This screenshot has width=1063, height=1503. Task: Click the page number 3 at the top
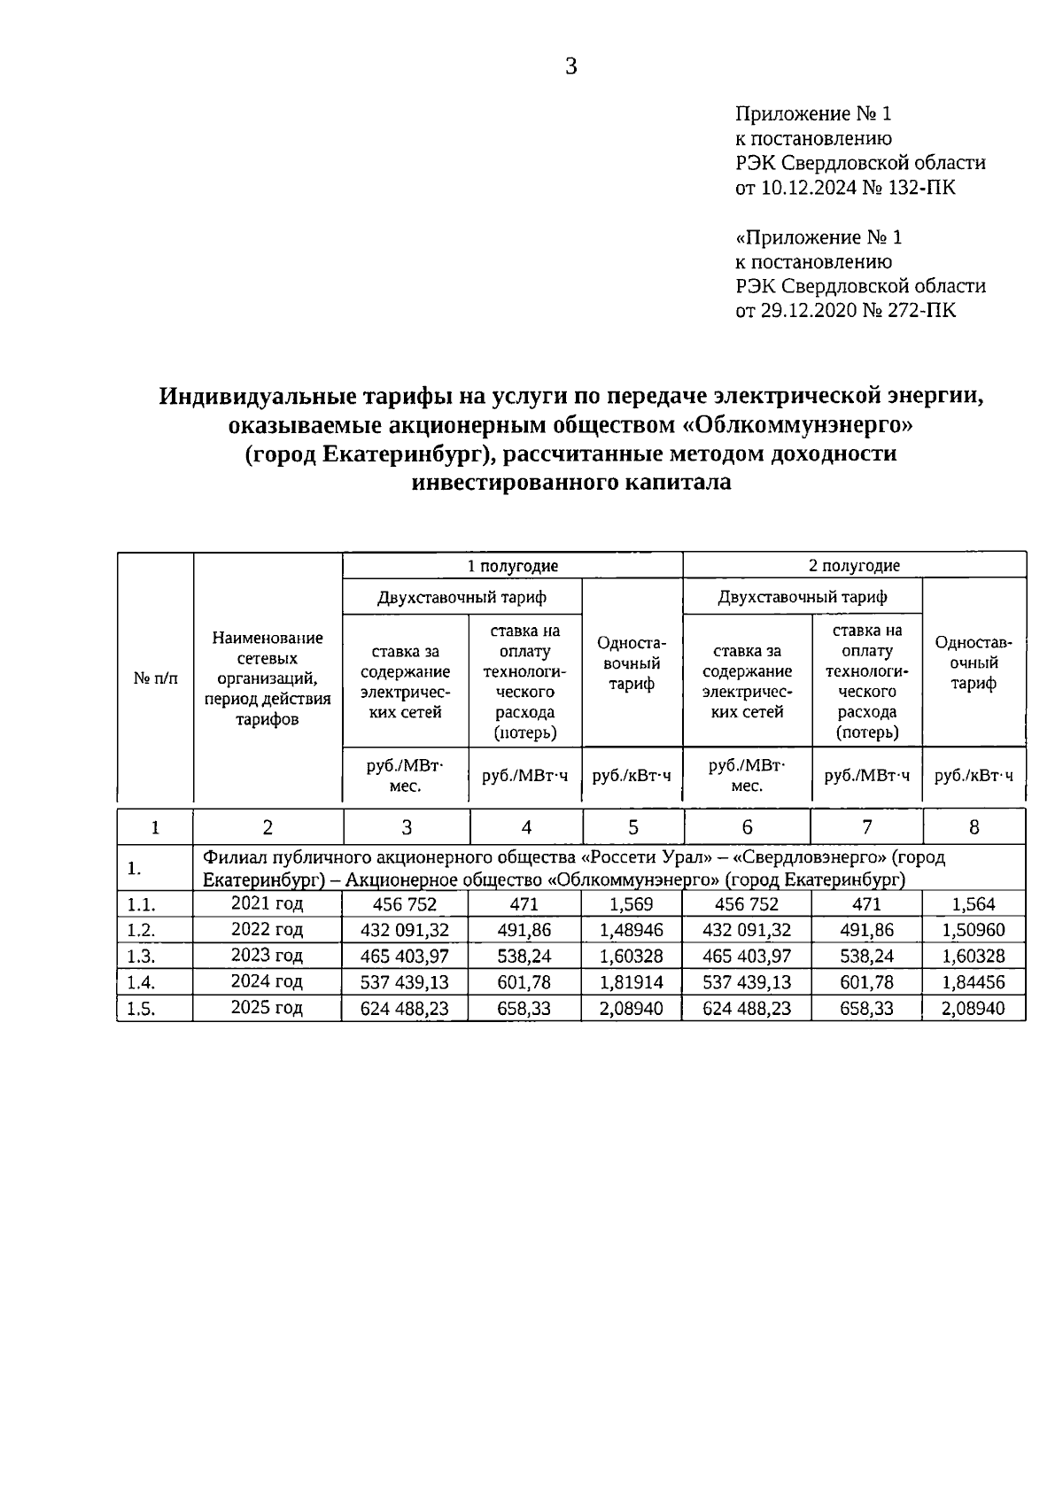click(x=570, y=66)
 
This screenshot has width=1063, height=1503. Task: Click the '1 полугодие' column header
click(x=512, y=566)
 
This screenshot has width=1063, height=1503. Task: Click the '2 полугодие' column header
click(x=855, y=566)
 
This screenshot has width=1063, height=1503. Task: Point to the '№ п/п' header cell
click(x=155, y=678)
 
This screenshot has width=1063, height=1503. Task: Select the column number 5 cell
click(x=632, y=827)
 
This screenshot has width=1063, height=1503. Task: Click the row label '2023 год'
click(x=267, y=956)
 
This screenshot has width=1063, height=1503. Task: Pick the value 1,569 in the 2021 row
click(x=632, y=904)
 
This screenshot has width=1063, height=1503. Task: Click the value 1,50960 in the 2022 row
click(x=974, y=930)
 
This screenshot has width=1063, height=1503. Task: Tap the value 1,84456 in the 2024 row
click(x=974, y=982)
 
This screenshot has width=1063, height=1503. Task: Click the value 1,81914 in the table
click(x=632, y=982)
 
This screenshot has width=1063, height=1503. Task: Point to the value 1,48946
click(x=632, y=930)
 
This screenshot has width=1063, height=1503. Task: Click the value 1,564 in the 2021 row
click(x=974, y=904)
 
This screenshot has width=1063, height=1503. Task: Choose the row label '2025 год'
click(x=267, y=1008)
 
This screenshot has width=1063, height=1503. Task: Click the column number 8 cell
click(x=974, y=827)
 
